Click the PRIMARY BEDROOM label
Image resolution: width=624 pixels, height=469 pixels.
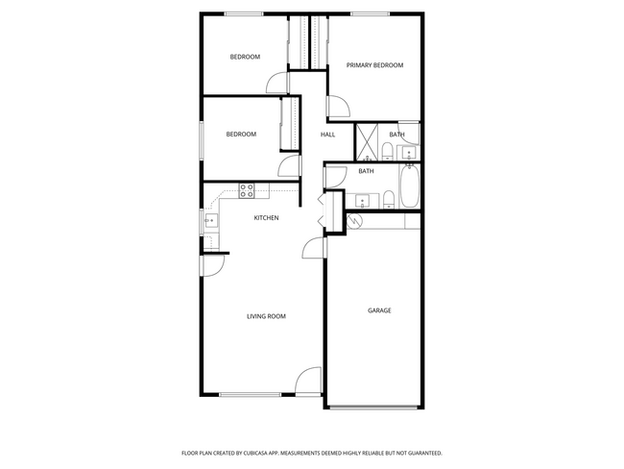coord(374,65)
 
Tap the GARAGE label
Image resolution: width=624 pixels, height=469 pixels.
coord(379,310)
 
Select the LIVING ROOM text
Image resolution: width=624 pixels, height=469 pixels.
coord(266,316)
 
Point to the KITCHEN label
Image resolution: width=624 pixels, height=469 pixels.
coord(266,218)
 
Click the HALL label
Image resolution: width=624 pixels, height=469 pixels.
coord(327,135)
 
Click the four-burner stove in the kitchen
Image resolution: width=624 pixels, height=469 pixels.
coord(246,190)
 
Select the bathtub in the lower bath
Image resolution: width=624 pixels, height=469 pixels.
coord(411,187)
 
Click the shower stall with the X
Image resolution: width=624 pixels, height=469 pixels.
coord(368,141)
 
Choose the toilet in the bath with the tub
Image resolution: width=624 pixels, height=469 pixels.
coord(389,200)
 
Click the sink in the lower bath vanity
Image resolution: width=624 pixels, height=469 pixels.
coord(363,201)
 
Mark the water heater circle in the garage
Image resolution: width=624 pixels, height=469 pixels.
coord(354,221)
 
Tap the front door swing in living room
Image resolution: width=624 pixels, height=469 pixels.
coord(309,382)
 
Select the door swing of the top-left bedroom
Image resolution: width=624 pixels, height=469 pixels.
coord(276,84)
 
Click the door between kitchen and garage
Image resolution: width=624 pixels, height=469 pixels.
coord(314,249)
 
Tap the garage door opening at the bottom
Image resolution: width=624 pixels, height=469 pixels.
coord(375,407)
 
